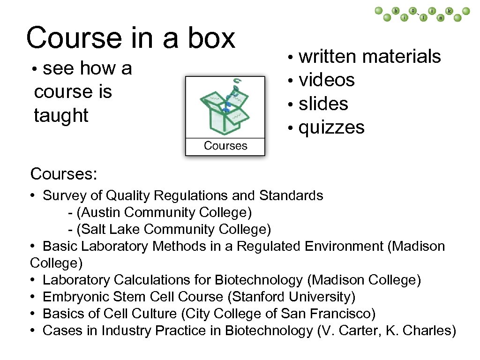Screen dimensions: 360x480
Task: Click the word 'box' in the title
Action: coord(211,38)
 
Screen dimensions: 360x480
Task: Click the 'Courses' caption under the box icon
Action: coord(225,146)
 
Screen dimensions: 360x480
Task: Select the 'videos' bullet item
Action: coord(327,80)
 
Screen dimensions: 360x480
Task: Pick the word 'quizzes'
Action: coord(331,127)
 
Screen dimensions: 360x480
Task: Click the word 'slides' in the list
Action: coord(323,104)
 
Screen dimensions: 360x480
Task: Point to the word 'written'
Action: coord(327,57)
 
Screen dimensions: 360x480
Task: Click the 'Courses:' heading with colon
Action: coord(64,174)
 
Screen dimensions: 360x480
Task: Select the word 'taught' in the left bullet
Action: coord(61,115)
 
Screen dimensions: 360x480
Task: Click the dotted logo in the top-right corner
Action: coord(422,14)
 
